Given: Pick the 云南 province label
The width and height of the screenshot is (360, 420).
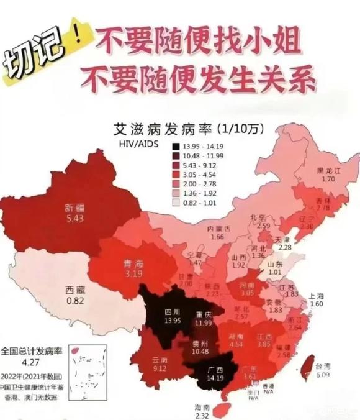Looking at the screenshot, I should click(x=160, y=360).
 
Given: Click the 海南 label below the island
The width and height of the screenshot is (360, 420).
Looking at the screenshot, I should click(x=203, y=406).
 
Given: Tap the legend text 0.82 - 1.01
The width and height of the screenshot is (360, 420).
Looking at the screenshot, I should click(x=199, y=202).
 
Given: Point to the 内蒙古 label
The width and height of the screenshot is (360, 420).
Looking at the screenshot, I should click(x=218, y=229).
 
